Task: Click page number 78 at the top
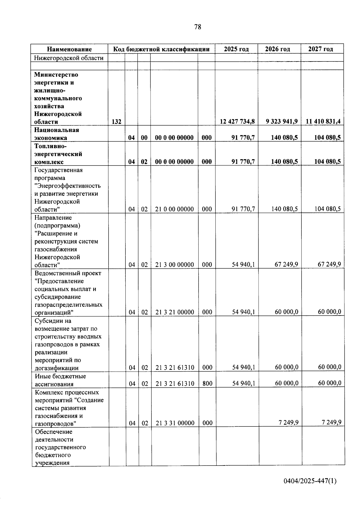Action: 198,27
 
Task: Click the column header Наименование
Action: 69,49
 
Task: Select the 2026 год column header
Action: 277,49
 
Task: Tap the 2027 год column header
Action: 321,49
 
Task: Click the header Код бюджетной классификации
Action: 161,49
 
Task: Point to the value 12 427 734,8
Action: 237,121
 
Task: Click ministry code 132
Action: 116,121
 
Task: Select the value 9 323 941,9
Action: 281,121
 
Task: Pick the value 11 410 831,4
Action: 323,121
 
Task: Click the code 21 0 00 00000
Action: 174,209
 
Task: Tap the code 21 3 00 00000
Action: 175,265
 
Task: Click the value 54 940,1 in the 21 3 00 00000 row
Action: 243,265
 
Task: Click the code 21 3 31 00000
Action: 175,423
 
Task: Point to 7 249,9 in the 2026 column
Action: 288,423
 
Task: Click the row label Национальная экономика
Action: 56,134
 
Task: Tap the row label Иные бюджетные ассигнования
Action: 60,380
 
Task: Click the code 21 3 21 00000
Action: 175,312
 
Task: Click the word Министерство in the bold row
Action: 56,75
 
